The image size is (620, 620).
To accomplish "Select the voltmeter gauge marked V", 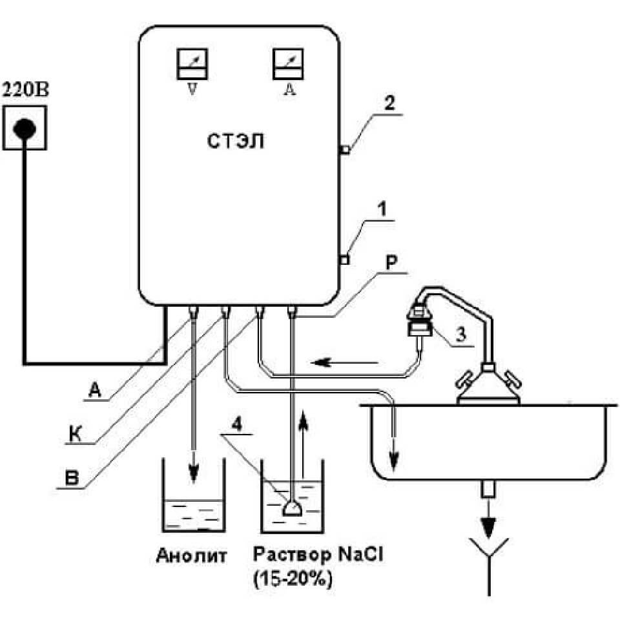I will click(x=191, y=66).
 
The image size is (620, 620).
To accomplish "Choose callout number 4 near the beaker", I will click(x=236, y=426).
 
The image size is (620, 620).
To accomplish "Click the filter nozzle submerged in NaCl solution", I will click(x=293, y=508).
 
